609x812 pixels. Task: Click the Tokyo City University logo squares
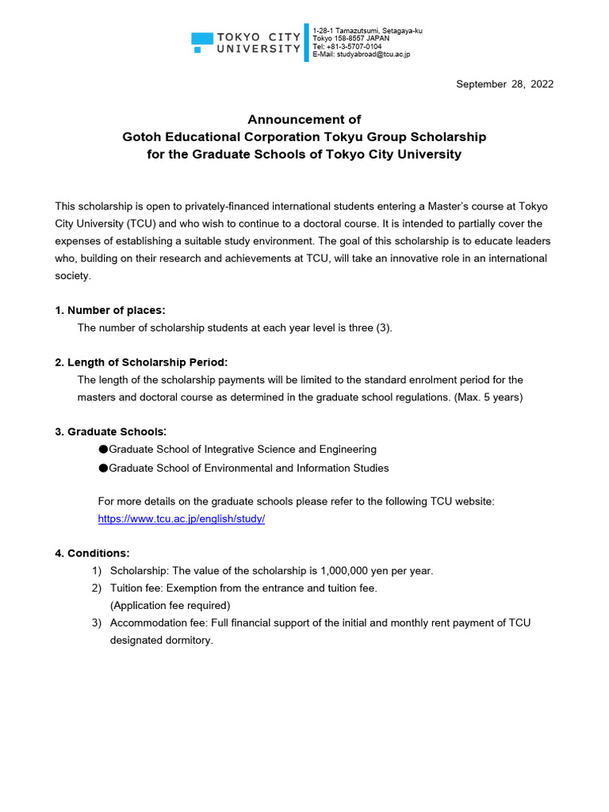tap(202, 42)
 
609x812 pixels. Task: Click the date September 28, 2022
tap(504, 84)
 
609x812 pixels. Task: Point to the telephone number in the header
tap(347, 46)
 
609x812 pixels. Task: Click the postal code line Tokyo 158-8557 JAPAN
tap(351, 38)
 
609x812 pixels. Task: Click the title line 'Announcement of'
tap(304, 120)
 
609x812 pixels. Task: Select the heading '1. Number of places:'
tap(110, 310)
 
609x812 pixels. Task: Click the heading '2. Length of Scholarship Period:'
tap(141, 362)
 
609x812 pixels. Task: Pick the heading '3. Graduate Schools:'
tap(110, 432)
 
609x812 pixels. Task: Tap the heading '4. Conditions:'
tap(92, 553)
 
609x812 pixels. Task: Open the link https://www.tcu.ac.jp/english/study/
tap(181, 519)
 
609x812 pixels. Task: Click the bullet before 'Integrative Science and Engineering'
tap(103, 450)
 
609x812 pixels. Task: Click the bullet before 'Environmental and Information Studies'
tap(103, 469)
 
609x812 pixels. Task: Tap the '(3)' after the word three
tap(384, 327)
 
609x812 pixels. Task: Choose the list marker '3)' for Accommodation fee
tap(96, 622)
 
